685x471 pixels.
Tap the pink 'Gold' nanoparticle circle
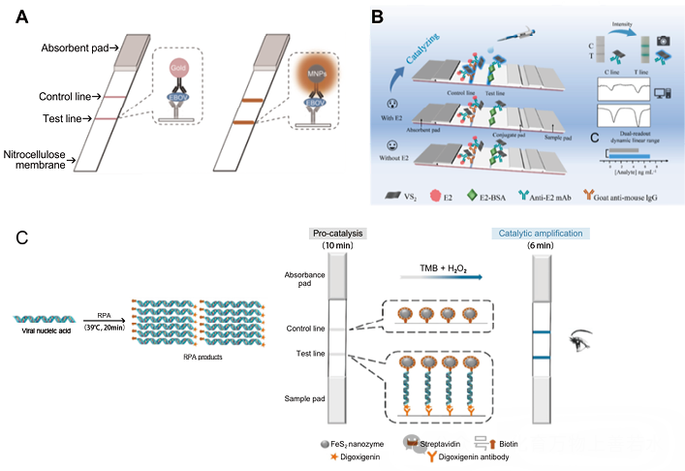tap(179, 70)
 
